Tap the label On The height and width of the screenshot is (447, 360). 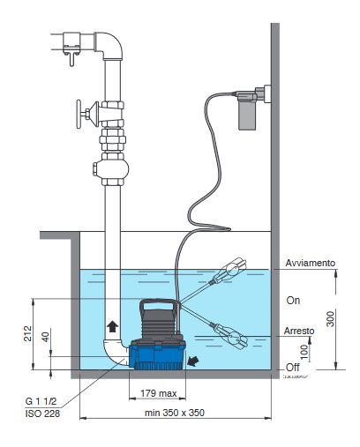[293, 300]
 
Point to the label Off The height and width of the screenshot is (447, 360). [293, 366]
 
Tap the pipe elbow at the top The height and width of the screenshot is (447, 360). [106, 41]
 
